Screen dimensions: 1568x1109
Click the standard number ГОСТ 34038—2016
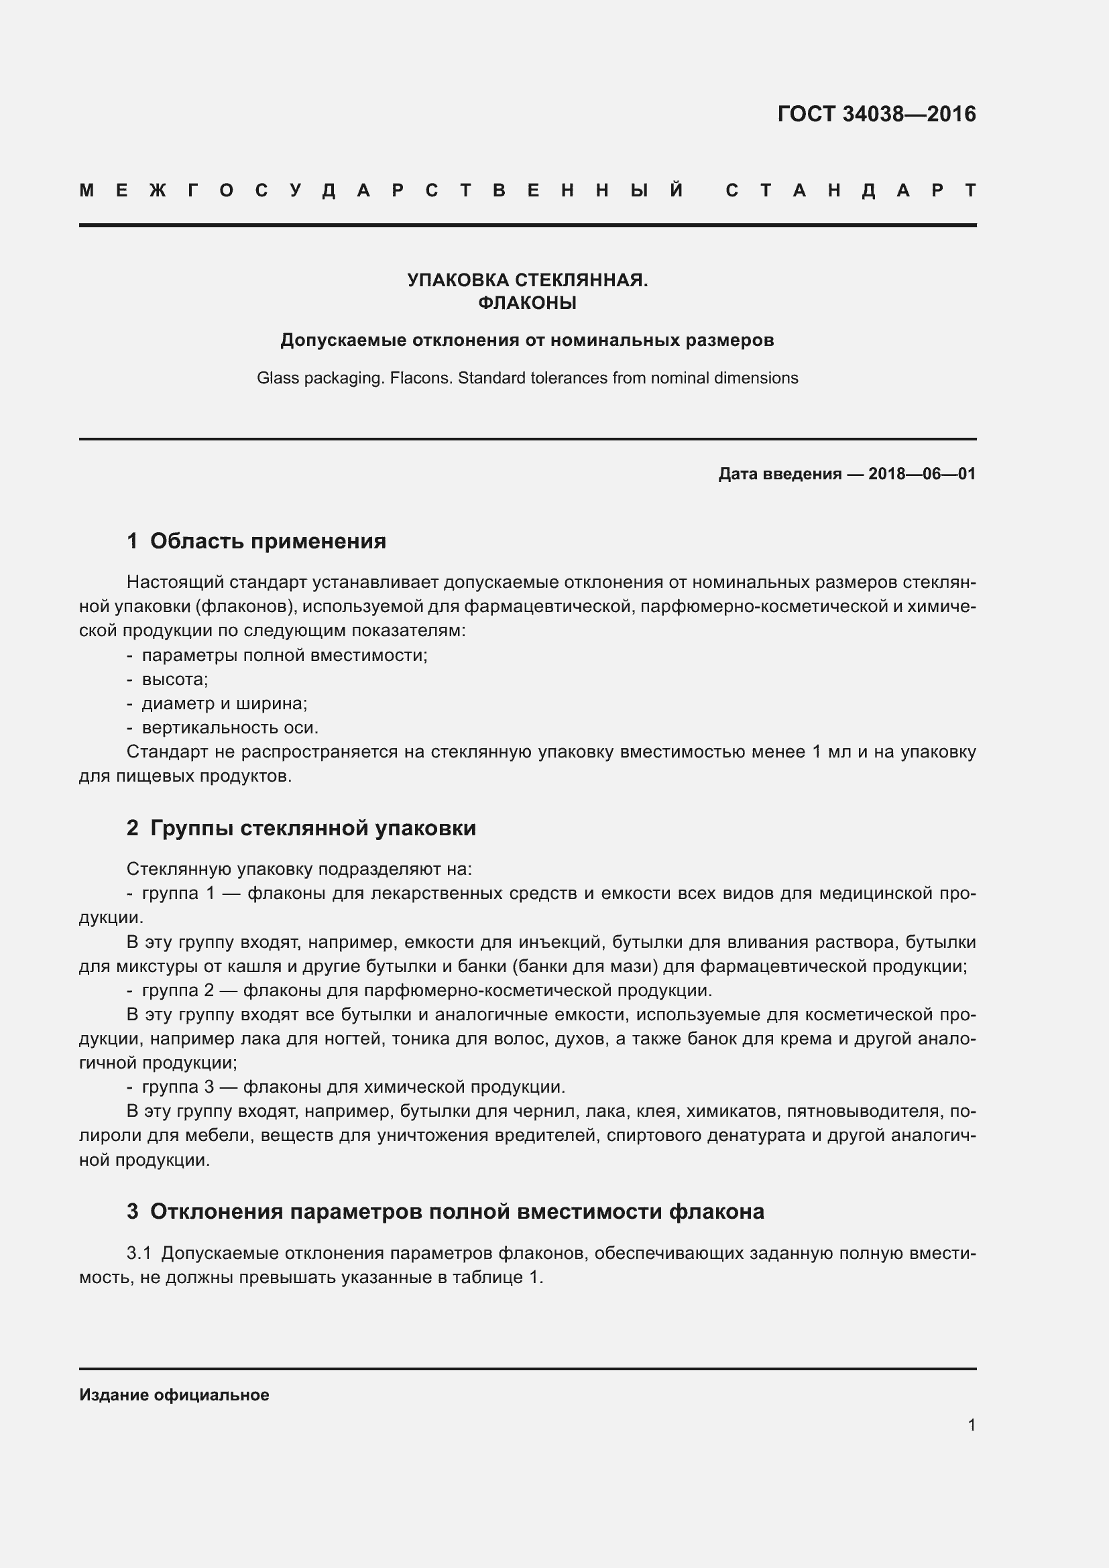(876, 114)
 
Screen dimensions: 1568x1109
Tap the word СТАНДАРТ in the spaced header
(851, 190)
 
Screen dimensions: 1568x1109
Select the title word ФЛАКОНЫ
(527, 302)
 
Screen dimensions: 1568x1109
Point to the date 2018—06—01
(922, 474)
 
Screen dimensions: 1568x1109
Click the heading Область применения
(268, 542)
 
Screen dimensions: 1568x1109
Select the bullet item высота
(174, 680)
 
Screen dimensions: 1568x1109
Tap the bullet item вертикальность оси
(230, 728)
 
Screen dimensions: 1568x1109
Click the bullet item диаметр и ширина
(224, 703)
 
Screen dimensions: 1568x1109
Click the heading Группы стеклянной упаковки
(312, 829)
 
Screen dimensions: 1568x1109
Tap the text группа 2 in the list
(178, 990)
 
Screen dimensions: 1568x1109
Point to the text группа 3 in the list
(178, 1087)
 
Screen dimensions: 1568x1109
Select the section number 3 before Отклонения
(133, 1211)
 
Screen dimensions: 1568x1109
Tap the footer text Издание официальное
(174, 1395)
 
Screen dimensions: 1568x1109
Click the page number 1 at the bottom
(972, 1425)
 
